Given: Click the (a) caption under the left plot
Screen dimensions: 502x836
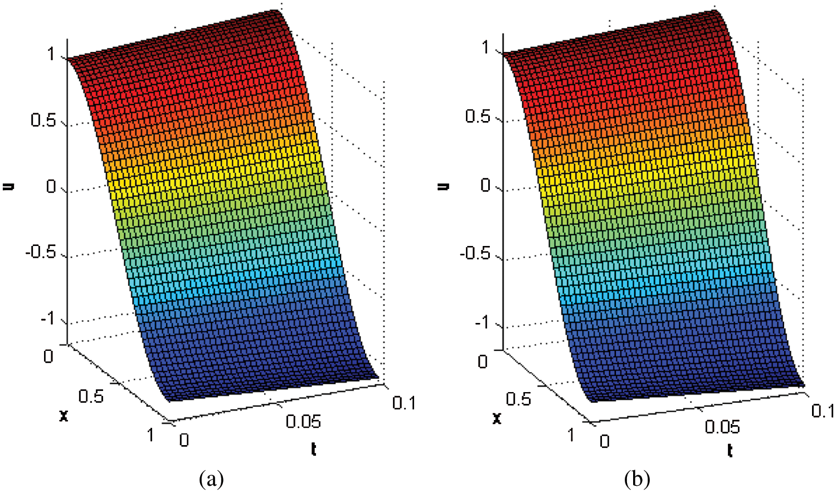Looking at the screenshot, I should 211,479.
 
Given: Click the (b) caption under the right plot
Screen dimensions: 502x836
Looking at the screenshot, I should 637,479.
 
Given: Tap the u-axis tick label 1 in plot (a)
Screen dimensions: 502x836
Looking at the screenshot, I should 51,54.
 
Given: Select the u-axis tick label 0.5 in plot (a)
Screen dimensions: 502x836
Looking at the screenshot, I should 43,120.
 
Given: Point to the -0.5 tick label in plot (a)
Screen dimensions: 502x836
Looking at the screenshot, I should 41,252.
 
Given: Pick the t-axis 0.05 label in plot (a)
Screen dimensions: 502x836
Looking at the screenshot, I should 303,421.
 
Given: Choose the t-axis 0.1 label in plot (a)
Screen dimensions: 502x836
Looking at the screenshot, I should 404,403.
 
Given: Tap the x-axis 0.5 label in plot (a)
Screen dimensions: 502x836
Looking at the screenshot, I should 91,396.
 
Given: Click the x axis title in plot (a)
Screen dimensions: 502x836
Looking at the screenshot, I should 64,415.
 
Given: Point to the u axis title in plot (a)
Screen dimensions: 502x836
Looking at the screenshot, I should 8,186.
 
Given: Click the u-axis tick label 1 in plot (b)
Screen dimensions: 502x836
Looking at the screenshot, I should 485,48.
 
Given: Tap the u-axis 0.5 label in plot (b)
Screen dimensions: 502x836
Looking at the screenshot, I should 478,117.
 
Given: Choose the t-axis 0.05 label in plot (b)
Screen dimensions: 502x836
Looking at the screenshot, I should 722,427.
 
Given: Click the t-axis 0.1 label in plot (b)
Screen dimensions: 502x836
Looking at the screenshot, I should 822,411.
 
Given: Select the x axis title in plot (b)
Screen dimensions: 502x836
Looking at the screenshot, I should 497,417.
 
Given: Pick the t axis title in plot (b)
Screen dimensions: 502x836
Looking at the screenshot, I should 730,450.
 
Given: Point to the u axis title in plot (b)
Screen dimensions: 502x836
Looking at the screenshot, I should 444,186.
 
